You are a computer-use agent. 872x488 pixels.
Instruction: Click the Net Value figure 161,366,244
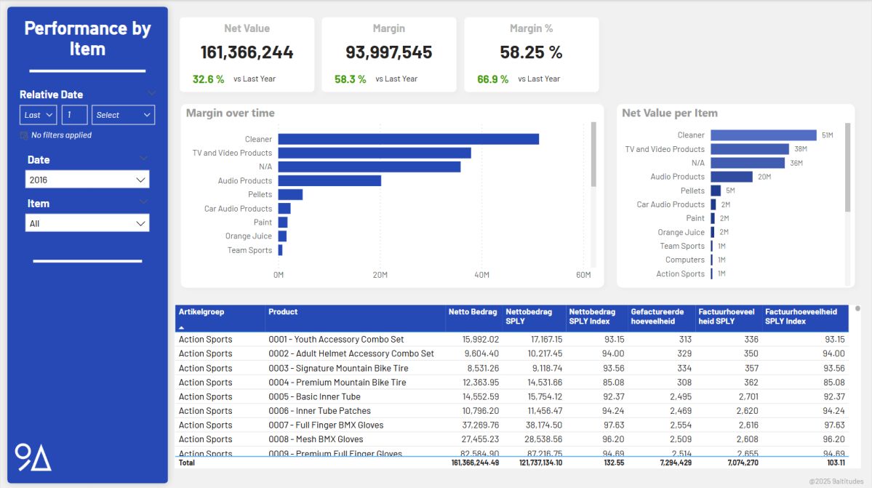[247, 52]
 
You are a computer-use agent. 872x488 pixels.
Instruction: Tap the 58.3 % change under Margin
[350, 79]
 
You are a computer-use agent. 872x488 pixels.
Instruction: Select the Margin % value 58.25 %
[531, 52]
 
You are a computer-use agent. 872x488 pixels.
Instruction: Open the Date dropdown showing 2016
[87, 180]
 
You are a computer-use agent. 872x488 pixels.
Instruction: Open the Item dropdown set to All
[87, 223]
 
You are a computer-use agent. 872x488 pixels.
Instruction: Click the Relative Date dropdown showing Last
[39, 115]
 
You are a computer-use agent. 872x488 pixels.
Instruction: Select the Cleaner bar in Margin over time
[407, 139]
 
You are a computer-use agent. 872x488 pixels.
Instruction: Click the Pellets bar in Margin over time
[290, 195]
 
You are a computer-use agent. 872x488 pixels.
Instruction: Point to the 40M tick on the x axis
[481, 275]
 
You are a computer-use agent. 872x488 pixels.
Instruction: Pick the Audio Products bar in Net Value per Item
[731, 177]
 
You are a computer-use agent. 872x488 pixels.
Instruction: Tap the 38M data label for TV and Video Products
[799, 149]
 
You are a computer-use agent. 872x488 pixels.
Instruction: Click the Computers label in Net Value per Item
[685, 260]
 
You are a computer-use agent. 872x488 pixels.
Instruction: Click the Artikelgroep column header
[201, 312]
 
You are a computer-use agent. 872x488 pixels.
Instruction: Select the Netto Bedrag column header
[473, 312]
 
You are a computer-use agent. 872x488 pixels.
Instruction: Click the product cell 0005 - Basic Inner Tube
[314, 396]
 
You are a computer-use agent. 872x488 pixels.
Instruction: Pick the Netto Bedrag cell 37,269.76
[475, 425]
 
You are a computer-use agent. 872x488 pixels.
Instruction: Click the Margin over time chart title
[231, 113]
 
